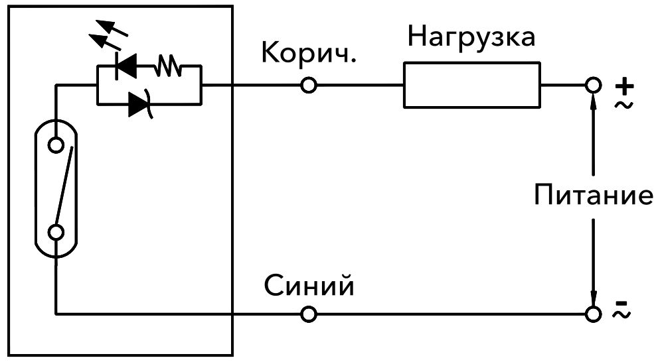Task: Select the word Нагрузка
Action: [471, 37]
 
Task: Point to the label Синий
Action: [309, 286]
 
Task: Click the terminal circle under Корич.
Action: [308, 86]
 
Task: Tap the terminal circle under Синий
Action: [308, 313]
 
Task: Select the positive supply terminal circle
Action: [593, 86]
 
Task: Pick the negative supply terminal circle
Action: [593, 313]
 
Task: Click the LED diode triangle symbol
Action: [126, 66]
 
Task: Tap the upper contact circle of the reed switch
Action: [56, 144]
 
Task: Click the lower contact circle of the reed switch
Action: [56, 231]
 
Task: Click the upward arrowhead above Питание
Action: [593, 102]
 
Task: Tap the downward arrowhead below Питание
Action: [593, 297]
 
